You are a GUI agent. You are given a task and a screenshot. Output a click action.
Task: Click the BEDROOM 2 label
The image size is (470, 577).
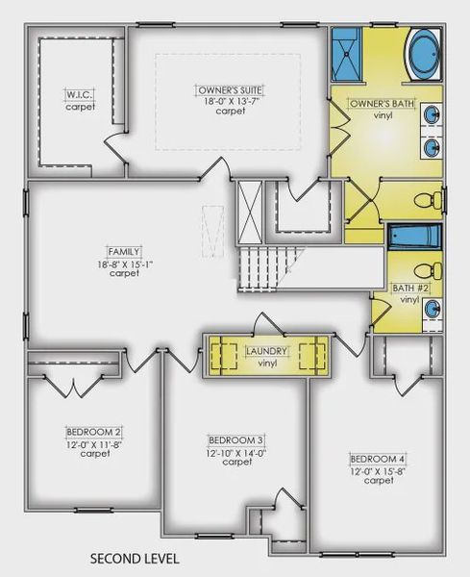pos(93,431)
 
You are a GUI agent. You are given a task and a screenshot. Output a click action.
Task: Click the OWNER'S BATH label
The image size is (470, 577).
pos(377,103)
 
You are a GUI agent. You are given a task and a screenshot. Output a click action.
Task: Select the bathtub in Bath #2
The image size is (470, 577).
pos(414,236)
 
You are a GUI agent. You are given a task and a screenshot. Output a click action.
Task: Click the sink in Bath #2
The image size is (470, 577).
pos(433,310)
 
